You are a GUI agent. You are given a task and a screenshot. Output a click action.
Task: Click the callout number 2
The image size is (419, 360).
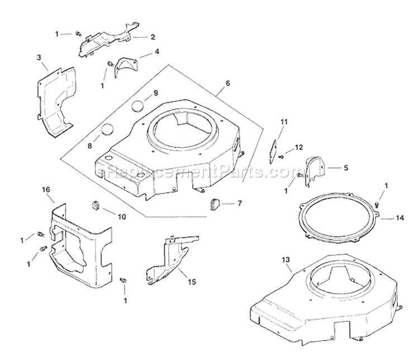[x=153, y=37]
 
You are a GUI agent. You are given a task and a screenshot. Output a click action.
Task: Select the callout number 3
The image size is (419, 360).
[x=39, y=58]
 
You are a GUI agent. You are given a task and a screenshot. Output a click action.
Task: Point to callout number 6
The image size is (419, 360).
[x=228, y=83]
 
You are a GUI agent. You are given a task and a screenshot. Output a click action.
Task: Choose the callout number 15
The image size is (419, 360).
[x=192, y=282]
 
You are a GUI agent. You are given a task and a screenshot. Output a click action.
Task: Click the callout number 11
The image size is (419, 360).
[x=284, y=122]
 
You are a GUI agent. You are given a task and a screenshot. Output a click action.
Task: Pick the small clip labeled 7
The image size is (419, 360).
[x=217, y=204]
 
